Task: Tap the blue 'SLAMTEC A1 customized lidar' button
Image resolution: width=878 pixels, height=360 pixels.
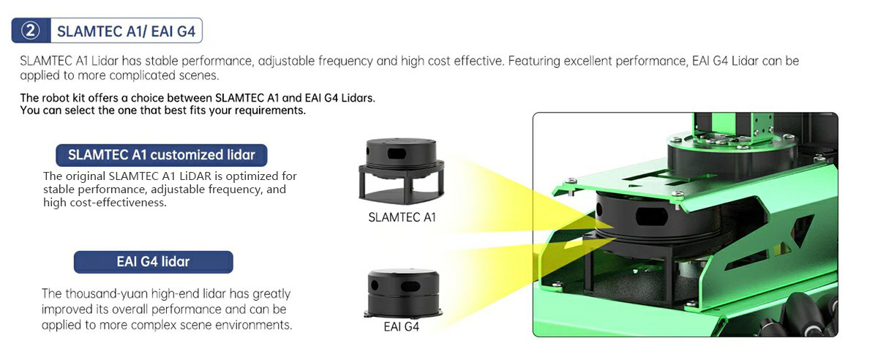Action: pyautogui.click(x=162, y=154)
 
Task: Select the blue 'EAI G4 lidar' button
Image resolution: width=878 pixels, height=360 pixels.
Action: pyautogui.click(x=153, y=261)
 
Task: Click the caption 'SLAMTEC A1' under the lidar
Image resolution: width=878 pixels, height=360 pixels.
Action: pyautogui.click(x=402, y=217)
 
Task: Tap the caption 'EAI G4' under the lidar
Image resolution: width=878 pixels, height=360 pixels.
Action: pyautogui.click(x=402, y=326)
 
